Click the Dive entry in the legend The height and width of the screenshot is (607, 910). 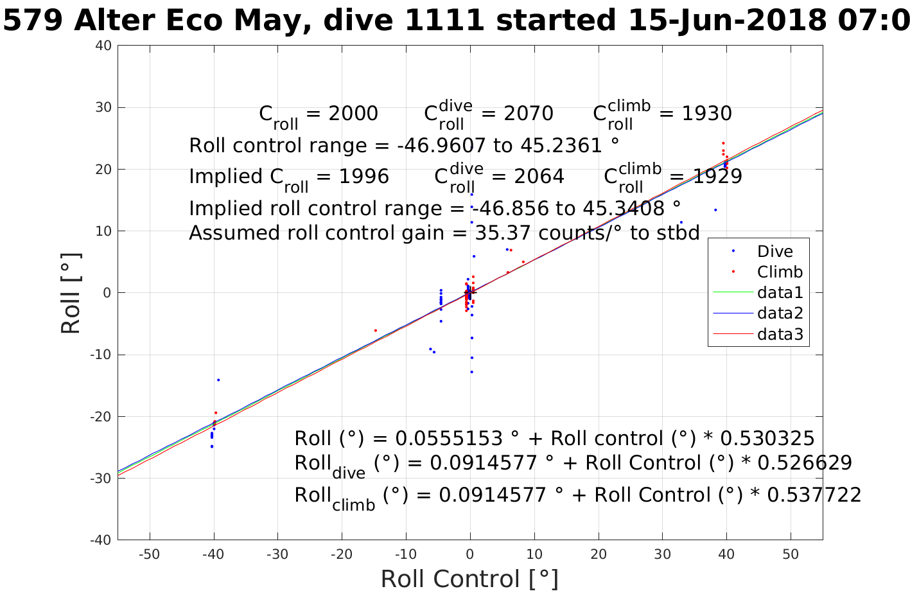[x=774, y=252]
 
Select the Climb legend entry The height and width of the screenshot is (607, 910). [x=780, y=272]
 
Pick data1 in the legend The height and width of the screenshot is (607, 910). [x=780, y=293]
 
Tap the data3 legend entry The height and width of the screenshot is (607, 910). [x=780, y=334]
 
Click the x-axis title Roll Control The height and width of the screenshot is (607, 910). [x=469, y=579]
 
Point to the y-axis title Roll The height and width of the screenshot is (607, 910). [x=71, y=294]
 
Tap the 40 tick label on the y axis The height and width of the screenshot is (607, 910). [x=103, y=46]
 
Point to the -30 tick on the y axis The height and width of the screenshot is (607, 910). [x=101, y=479]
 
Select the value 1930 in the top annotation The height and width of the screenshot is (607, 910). [x=706, y=114]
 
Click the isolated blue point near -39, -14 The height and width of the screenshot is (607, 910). [x=218, y=380]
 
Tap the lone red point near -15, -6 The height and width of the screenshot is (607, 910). [x=376, y=330]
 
